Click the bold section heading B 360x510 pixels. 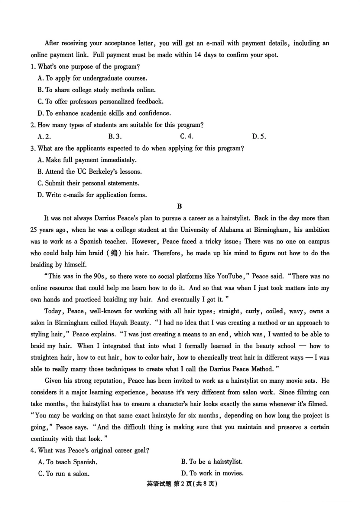pyautogui.click(x=179, y=206)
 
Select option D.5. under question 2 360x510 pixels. pyautogui.click(x=259, y=137)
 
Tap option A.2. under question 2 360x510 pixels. pyautogui.click(x=44, y=137)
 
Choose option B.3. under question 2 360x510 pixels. pyautogui.click(x=115, y=137)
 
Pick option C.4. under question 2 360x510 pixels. pyautogui.click(x=186, y=137)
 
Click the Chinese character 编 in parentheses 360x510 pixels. pyautogui.click(x=114, y=253)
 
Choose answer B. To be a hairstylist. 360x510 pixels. pyautogui.click(x=211, y=462)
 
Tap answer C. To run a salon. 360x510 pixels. pyautogui.click(x=64, y=474)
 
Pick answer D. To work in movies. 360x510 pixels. pyautogui.click(x=212, y=473)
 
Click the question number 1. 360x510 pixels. pyautogui.click(x=33, y=67)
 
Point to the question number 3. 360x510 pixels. pyautogui.click(x=33, y=148)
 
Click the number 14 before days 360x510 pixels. pyautogui.click(x=197, y=55)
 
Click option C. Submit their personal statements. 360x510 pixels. pyautogui.click(x=88, y=183)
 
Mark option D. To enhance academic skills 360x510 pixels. pyautogui.click(x=104, y=113)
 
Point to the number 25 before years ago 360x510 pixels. pyautogui.click(x=34, y=230)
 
